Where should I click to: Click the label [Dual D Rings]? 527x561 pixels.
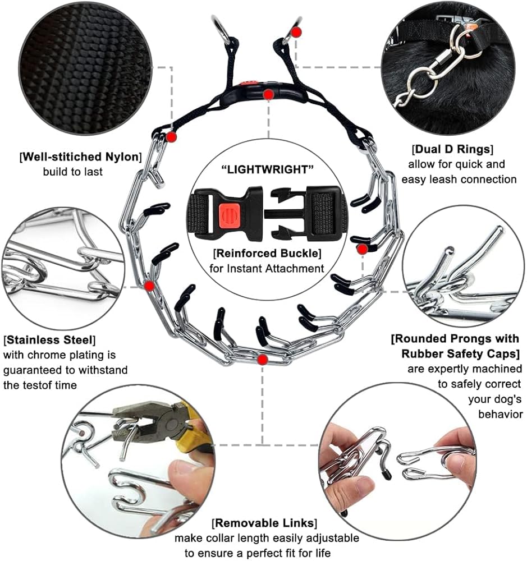click(x=452, y=150)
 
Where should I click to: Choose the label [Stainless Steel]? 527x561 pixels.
click(x=49, y=341)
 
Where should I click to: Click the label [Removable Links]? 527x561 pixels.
click(x=264, y=523)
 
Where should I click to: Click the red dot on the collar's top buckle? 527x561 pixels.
click(x=269, y=95)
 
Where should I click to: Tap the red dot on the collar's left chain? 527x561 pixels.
click(x=149, y=286)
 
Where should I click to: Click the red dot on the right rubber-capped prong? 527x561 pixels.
click(x=363, y=248)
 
